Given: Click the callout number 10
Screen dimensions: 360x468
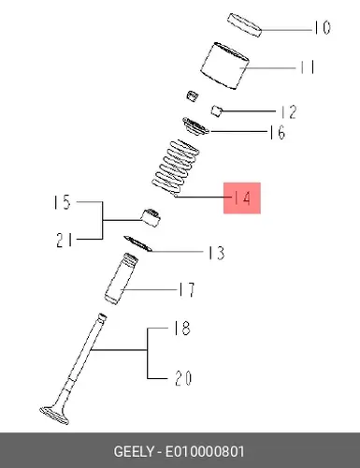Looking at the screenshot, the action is pos(322,28).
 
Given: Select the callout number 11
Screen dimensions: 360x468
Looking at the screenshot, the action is pos(308,67).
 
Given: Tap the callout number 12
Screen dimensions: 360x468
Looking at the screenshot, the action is pos(289,112).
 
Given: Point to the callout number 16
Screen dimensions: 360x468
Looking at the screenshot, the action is pos(278,132).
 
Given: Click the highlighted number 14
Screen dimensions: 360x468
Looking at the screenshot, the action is pos(242,197).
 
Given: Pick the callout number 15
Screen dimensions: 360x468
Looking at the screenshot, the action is pos(63,202).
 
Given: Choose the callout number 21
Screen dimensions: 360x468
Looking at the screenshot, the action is pos(65,241).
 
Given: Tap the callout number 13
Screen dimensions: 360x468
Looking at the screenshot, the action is pos(217,253).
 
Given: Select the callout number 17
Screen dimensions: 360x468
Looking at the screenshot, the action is pos(187,290).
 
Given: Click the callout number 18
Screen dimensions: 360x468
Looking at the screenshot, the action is pos(182,329).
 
